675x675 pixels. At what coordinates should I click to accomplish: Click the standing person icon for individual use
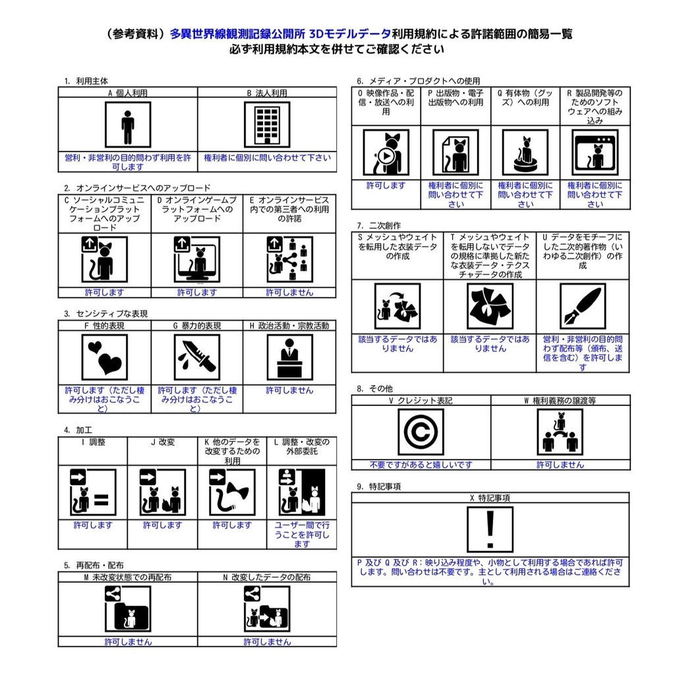click(127, 125)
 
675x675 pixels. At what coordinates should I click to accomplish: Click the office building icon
click(267, 125)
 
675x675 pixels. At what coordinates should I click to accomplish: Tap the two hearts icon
click(104, 357)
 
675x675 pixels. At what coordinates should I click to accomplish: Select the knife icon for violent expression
click(196, 357)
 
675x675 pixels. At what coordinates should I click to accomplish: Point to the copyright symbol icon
click(421, 432)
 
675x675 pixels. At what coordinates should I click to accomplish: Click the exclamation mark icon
click(490, 529)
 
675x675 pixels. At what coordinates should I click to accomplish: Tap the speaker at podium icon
click(289, 357)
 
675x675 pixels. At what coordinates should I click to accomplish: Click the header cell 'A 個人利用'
click(127, 93)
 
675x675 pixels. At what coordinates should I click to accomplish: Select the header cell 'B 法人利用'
click(267, 93)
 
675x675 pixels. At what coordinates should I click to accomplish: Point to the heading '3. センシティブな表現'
click(105, 314)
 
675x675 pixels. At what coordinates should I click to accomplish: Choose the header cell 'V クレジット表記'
click(421, 400)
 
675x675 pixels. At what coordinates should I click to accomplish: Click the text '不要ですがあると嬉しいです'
click(421, 465)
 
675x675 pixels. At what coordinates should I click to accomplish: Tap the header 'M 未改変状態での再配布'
click(127, 577)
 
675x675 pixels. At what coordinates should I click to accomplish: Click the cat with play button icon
click(386, 152)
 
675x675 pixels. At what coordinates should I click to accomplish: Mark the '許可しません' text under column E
click(289, 293)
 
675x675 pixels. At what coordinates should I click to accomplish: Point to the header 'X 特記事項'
click(490, 498)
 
